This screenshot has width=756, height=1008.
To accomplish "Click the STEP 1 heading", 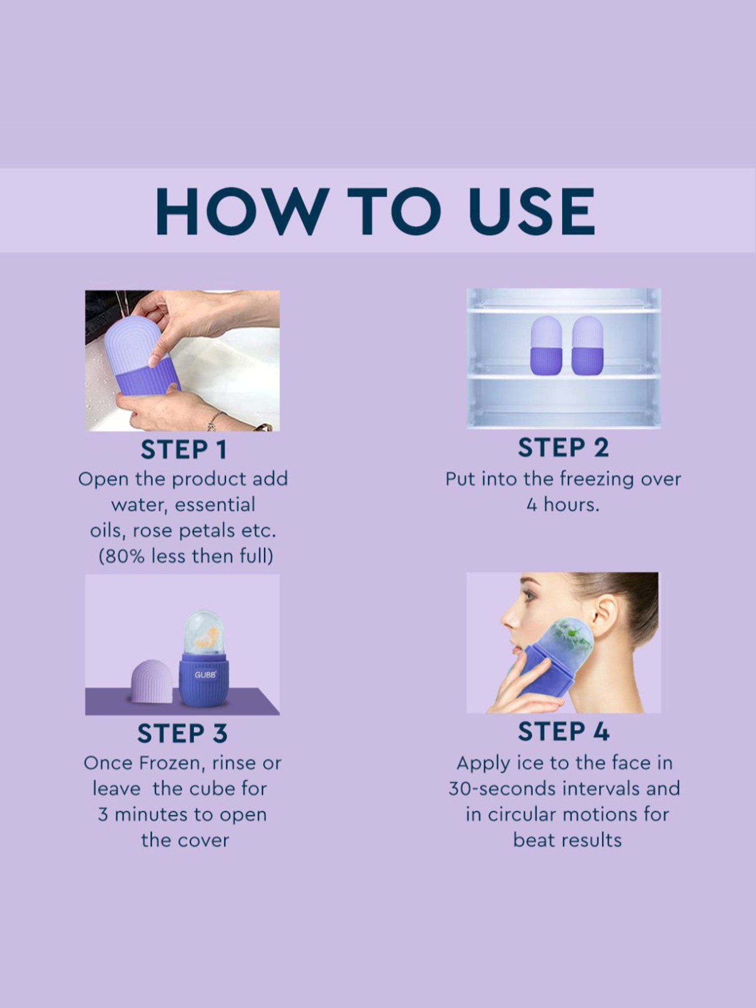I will pos(183,450).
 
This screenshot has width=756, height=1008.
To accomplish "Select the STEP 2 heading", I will pos(563,448).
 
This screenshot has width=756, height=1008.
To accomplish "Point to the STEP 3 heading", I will pos(182,733).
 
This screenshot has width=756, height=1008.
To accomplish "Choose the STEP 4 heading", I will pos(563,731).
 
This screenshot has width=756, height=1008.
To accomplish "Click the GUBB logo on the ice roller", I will pos(205,675).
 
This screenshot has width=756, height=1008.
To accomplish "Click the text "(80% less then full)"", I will pos(185,556).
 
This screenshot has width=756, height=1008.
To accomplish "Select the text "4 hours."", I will pos(563,505).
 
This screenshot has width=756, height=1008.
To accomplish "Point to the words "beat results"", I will pos(567,840).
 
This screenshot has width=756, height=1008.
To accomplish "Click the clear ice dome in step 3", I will pos(204,633).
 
